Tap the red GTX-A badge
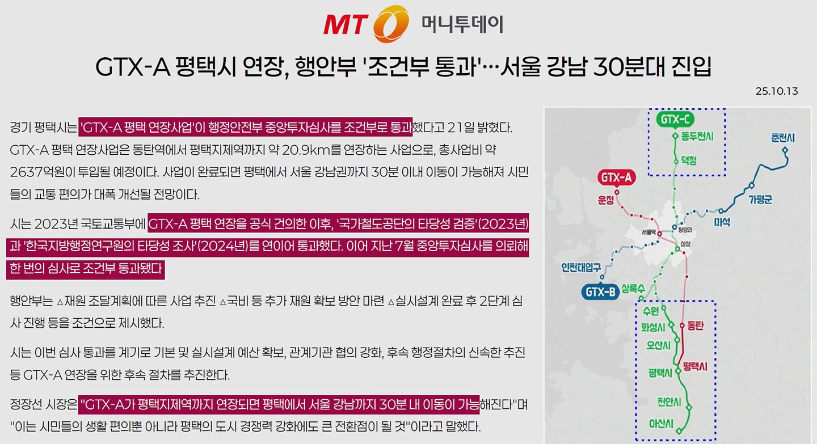point(616,178)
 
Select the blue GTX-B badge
point(600,293)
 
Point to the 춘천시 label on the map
point(783,138)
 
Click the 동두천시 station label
point(697,137)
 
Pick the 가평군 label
point(761,199)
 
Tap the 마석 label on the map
point(722,221)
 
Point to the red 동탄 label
point(695,326)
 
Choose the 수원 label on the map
point(651,311)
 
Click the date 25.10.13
point(777,91)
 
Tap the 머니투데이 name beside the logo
point(462,24)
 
